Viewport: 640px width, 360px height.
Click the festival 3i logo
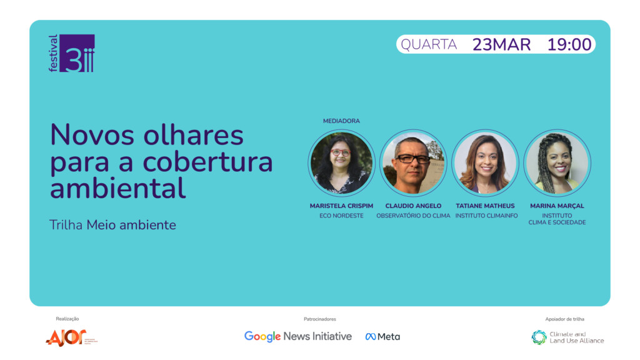point(72,53)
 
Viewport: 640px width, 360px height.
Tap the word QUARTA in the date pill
point(429,44)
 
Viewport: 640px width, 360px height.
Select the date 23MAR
point(501,44)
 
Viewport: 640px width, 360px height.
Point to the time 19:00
point(569,44)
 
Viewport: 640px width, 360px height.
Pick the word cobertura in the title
point(207,162)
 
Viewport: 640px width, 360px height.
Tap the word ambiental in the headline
point(118,188)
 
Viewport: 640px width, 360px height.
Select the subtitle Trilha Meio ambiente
point(112,225)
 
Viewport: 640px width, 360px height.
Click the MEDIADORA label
point(341,121)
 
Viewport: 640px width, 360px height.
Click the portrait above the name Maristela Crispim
point(342,163)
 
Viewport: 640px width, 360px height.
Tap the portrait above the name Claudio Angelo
point(413,163)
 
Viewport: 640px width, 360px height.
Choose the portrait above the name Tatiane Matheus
point(485,163)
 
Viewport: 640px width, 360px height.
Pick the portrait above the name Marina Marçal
point(557,163)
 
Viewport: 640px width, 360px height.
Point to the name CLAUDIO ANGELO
point(413,206)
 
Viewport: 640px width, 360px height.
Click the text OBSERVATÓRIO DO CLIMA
point(413,216)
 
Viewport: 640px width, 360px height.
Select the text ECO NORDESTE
point(341,216)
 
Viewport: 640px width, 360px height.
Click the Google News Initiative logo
point(298,336)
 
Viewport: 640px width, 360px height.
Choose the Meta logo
point(382,337)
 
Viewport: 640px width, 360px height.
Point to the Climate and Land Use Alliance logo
point(567,337)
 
